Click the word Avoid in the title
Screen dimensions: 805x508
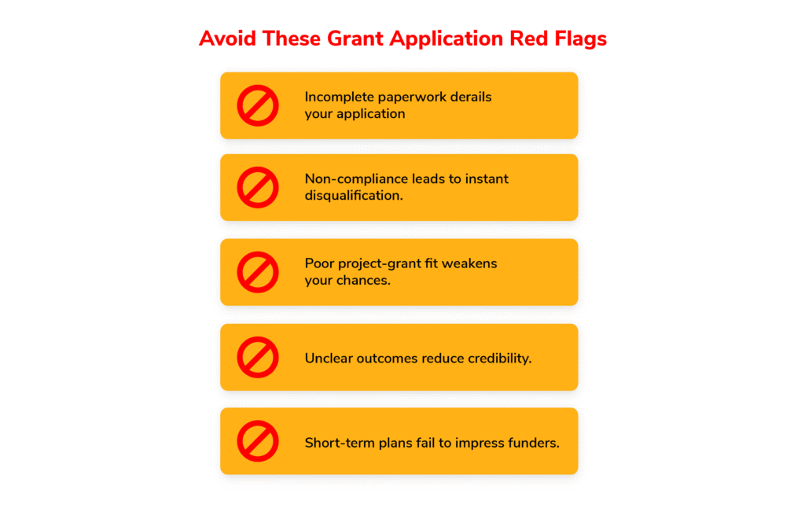(x=227, y=39)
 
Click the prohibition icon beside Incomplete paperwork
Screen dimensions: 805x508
(x=258, y=105)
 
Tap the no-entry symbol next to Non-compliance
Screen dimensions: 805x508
(x=258, y=187)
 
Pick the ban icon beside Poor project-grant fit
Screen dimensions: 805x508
(x=258, y=272)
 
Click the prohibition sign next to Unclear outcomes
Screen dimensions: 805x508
(x=258, y=358)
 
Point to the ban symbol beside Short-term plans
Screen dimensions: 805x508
(x=258, y=441)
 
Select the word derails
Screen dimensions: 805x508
(x=471, y=97)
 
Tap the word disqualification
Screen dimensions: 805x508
(x=354, y=196)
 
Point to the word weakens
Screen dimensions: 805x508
(x=469, y=263)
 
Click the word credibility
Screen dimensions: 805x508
(x=499, y=359)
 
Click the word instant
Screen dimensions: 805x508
(x=487, y=179)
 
